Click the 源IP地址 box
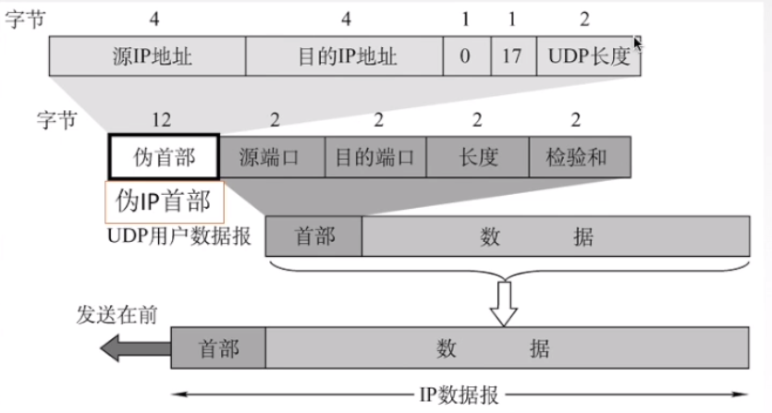pyautogui.click(x=148, y=56)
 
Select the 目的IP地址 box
pyautogui.click(x=344, y=56)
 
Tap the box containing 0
pyautogui.click(x=465, y=56)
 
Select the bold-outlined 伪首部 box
pyautogui.click(x=165, y=157)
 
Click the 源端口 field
pyautogui.click(x=271, y=157)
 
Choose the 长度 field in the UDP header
pyautogui.click(x=477, y=157)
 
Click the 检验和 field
pyautogui.click(x=580, y=157)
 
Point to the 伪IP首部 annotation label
pyautogui.click(x=165, y=200)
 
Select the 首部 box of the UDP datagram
pyautogui.click(x=314, y=236)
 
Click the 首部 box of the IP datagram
pyautogui.click(x=219, y=349)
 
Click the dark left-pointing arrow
pyautogui.click(x=135, y=349)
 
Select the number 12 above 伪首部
pyautogui.click(x=164, y=119)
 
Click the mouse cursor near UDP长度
pyautogui.click(x=637, y=42)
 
